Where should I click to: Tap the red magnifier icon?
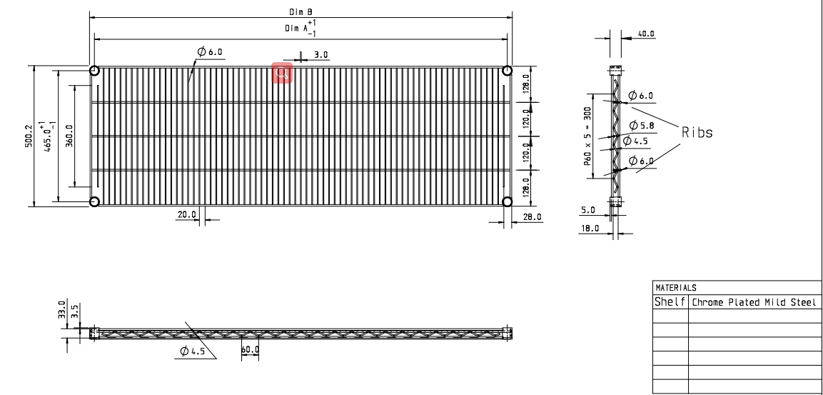282,72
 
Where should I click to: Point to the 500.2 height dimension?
29,136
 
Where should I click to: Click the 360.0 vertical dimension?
69,136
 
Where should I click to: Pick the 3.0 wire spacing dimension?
321,54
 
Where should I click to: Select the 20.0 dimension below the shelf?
186,214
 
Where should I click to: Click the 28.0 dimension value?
532,216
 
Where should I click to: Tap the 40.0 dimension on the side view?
645,34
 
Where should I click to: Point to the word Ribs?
697,132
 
